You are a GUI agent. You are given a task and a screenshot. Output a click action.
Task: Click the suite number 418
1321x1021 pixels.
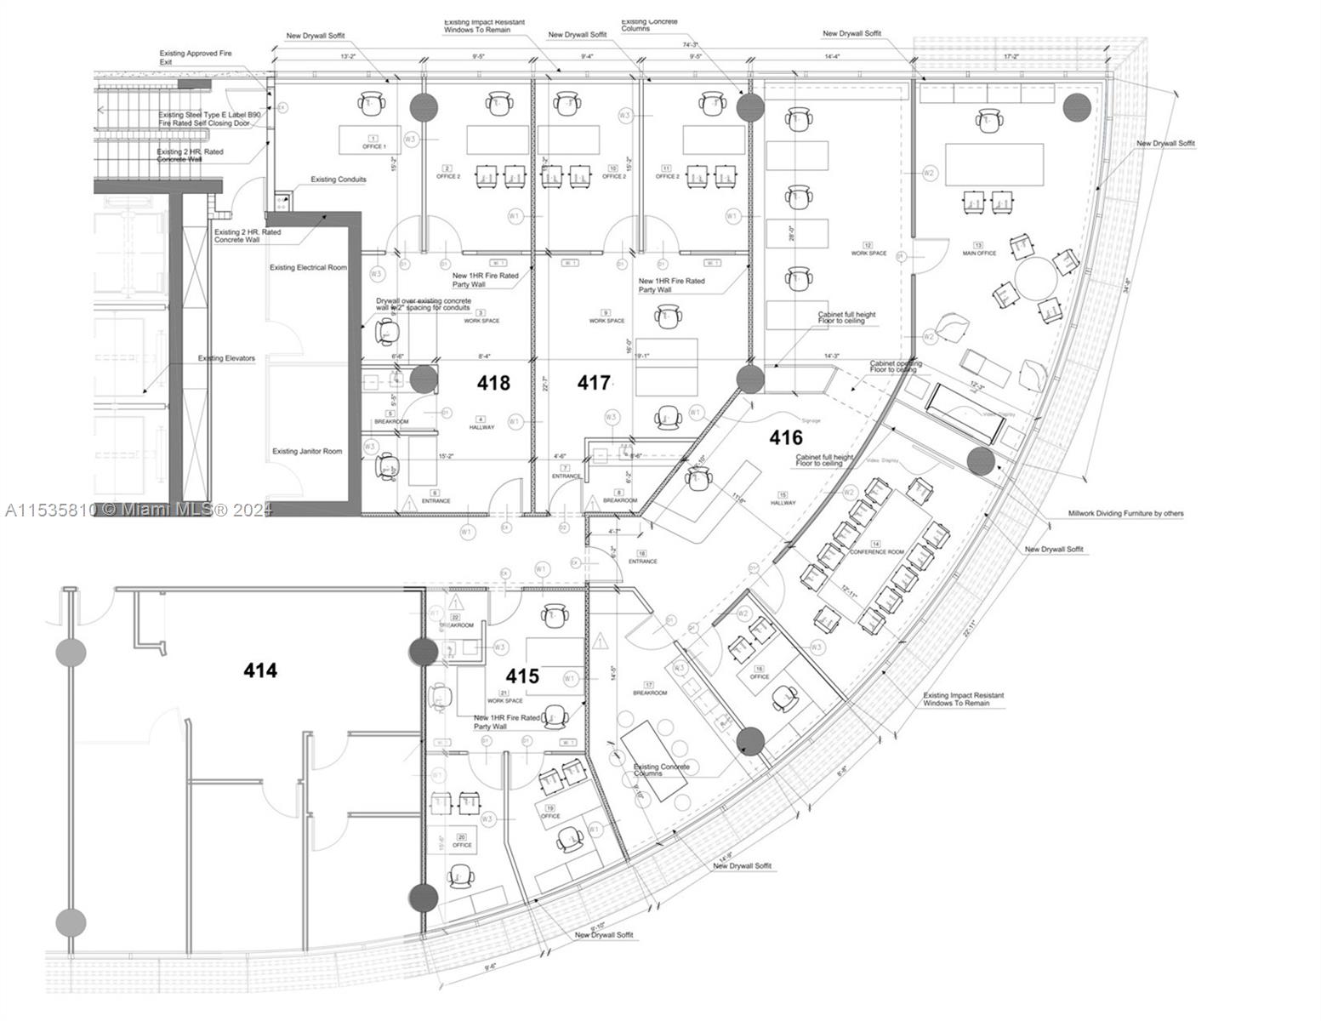493,384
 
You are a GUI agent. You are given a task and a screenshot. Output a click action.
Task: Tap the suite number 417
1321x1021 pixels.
594,384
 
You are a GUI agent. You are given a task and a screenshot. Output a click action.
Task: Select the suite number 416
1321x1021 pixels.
785,438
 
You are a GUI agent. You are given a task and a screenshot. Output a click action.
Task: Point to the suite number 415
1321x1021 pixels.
522,676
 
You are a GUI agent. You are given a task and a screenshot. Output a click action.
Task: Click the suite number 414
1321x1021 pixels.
260,671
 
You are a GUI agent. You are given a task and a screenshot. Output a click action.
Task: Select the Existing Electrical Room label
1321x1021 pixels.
308,268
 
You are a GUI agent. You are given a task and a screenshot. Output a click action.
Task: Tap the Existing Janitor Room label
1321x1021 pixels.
307,452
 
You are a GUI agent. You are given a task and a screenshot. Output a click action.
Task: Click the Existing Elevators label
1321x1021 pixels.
226,358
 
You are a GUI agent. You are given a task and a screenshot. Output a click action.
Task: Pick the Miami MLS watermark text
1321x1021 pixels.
136,510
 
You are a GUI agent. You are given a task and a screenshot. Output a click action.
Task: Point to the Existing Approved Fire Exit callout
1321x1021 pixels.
195,58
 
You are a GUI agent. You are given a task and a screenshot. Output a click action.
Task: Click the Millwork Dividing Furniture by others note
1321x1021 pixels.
1125,514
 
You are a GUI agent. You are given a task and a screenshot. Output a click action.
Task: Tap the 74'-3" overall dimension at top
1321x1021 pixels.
690,45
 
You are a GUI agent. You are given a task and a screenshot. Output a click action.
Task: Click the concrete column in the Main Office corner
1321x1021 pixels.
1077,108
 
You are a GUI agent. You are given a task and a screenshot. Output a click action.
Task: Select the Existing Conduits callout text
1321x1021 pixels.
338,180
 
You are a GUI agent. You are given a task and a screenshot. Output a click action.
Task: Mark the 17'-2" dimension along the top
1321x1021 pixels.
1011,57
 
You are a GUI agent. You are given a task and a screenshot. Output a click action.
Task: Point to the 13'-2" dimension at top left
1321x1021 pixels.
348,57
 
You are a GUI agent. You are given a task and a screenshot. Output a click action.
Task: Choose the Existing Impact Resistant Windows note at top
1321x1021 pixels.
484,26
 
